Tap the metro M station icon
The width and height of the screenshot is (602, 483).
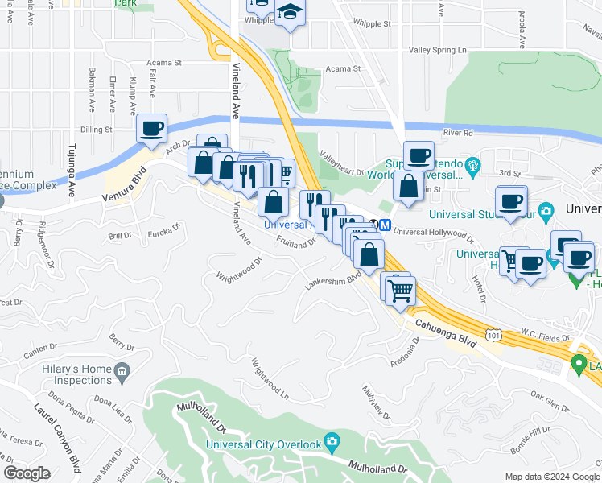[386, 226]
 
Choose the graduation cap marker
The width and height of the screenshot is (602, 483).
[289, 12]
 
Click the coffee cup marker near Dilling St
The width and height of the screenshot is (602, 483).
[151, 129]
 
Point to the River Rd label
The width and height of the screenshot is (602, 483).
[456, 133]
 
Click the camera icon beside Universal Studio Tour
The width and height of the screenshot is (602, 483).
[546, 212]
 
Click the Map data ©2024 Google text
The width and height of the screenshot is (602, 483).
[551, 476]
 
